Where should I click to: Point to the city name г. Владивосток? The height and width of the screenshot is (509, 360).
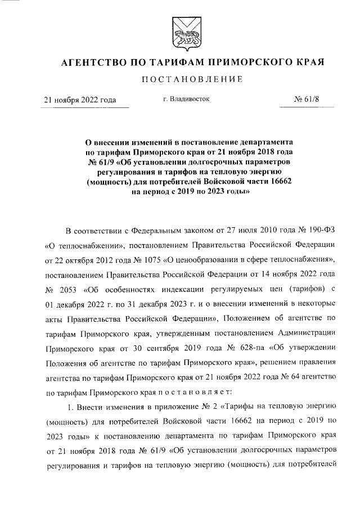pos(186,99)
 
